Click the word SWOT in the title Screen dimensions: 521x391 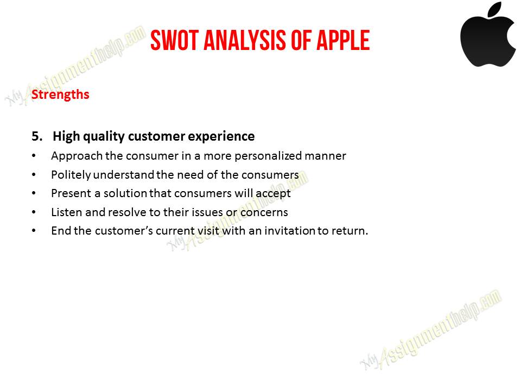175,40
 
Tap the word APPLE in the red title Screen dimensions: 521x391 343,40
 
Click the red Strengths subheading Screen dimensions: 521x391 60,94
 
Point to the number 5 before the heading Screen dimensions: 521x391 36,136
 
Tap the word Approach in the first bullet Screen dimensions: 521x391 77,156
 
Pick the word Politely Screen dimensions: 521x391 71,175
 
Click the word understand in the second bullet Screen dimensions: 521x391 124,174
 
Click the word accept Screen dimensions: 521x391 273,194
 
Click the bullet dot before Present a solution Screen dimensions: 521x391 34,193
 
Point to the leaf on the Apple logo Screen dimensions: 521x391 495,9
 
